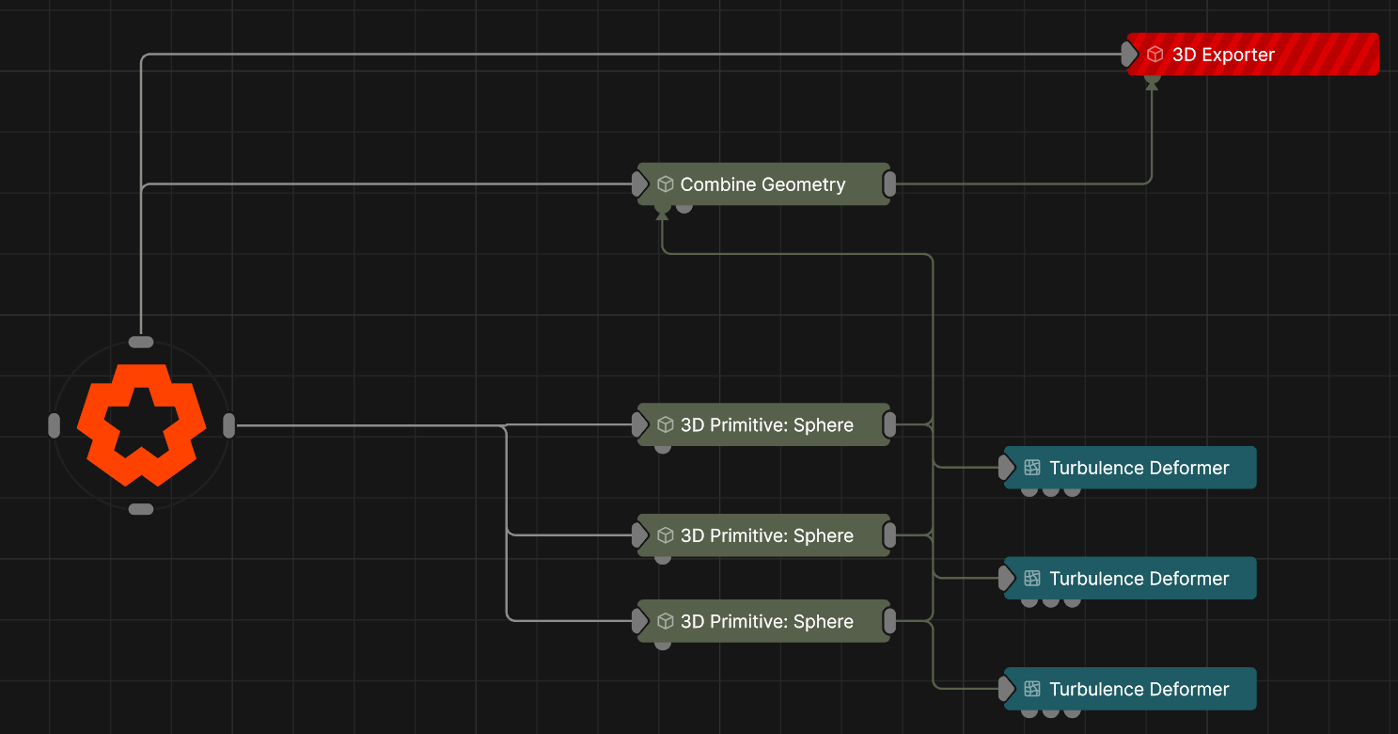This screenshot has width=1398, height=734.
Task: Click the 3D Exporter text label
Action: click(1222, 55)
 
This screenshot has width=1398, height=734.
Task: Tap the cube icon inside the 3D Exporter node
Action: click(1155, 55)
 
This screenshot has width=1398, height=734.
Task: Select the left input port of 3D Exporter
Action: click(1129, 55)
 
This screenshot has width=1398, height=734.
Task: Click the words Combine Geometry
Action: click(762, 184)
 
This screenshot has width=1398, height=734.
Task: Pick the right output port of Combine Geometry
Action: click(889, 184)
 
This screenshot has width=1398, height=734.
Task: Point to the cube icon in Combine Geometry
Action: click(666, 184)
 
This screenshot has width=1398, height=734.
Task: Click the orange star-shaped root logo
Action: click(141, 424)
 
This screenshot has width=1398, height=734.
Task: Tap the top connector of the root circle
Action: click(141, 342)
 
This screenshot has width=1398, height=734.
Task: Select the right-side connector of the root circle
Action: click(228, 425)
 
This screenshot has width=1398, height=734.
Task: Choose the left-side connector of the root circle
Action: click(54, 425)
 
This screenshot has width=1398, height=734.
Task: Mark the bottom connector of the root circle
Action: click(141, 509)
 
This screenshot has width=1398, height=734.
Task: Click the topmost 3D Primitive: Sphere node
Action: click(763, 424)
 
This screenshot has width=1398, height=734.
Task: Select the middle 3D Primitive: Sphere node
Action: click(763, 535)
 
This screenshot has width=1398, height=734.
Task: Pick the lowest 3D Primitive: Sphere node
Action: click(763, 621)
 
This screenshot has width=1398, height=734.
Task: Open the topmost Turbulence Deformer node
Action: click(1130, 468)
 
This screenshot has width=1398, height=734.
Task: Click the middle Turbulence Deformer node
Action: click(1130, 578)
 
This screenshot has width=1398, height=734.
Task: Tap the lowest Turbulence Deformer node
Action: click(1130, 689)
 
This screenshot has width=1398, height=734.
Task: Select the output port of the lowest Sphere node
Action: click(889, 621)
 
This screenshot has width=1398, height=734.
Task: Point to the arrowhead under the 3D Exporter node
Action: click(1152, 84)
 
